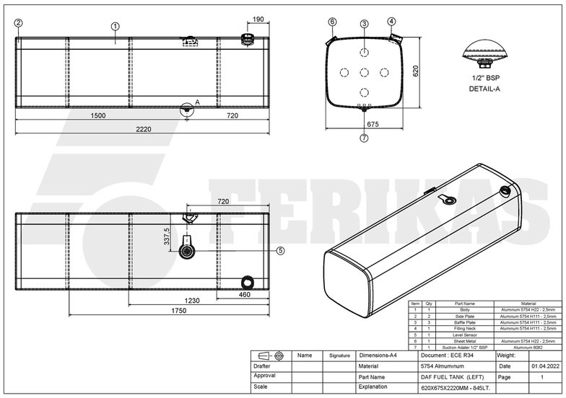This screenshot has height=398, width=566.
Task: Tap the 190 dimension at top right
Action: pyautogui.click(x=258, y=19)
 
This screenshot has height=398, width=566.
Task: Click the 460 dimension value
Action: pyautogui.click(x=244, y=294)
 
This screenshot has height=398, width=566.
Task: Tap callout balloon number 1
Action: pyautogui.click(x=115, y=26)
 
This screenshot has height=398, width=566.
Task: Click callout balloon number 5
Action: pyautogui.click(x=281, y=251)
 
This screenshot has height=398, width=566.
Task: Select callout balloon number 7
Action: pyautogui.click(x=364, y=138)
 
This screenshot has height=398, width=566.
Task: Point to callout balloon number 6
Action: pyautogui.click(x=332, y=22)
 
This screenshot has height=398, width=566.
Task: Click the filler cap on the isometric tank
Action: pyautogui.click(x=504, y=190)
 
